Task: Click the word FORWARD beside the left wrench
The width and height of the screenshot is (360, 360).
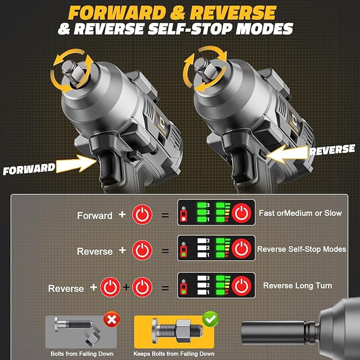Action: pos(29,169)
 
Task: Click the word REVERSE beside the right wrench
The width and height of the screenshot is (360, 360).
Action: pos(332,150)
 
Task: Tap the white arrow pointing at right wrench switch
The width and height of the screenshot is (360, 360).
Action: pos(286,154)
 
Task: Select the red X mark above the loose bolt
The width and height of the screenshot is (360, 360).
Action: pos(112,319)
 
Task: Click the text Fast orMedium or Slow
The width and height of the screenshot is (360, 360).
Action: pos(300,213)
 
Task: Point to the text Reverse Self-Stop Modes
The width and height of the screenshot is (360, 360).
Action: pos(302,249)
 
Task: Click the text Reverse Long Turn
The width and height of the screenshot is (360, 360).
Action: pos(297,286)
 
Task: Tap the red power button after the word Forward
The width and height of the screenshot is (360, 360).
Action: pos(142,214)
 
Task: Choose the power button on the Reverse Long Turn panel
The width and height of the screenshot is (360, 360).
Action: pos(242,287)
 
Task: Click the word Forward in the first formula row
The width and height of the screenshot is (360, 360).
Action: pos(95,215)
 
